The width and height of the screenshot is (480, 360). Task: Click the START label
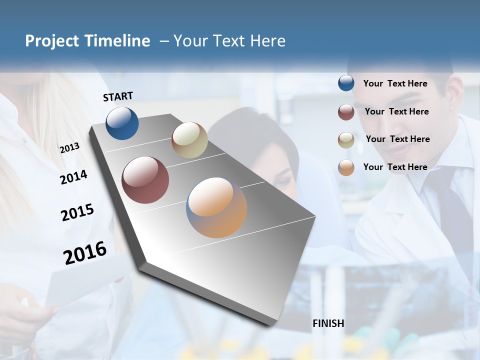118,96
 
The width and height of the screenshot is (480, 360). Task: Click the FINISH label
328,323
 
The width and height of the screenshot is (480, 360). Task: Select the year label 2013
69,148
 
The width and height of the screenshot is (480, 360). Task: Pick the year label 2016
85,253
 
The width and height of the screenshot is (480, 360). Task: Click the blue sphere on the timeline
122,123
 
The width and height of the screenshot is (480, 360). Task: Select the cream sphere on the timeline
189,140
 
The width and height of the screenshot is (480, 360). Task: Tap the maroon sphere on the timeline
145,180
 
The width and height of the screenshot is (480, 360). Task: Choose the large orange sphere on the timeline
216,207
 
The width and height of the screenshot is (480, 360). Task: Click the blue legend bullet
346,83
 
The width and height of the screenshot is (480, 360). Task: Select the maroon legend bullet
346,112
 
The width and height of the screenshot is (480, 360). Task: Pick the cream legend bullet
346,140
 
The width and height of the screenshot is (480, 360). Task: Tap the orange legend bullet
346,167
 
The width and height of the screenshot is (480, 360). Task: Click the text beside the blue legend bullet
395,83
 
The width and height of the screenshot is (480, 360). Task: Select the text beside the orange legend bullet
395,167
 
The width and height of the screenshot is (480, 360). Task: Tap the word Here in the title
267,41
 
